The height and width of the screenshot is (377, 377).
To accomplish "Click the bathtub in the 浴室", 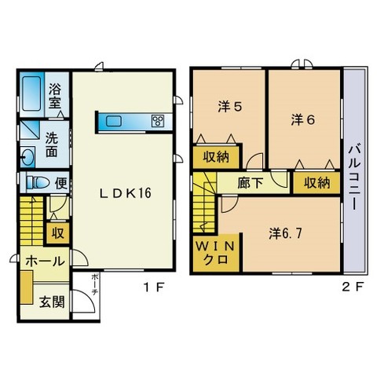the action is [31, 93].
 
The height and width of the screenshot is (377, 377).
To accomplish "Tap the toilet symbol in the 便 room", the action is [38, 182].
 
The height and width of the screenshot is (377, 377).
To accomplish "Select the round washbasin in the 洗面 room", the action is [28, 157].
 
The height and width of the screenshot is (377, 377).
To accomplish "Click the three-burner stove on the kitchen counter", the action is [158, 121].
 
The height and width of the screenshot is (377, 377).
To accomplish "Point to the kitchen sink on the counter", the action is [114, 121].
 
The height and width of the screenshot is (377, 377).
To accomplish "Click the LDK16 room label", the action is [126, 193].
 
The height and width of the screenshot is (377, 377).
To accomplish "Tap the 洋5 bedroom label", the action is [230, 107].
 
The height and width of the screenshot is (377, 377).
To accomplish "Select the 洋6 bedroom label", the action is [303, 119].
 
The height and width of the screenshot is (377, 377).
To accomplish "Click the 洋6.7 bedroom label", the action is [285, 233].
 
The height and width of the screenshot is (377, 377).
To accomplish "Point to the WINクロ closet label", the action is [215, 253].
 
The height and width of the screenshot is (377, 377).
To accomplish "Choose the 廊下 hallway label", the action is [250, 183].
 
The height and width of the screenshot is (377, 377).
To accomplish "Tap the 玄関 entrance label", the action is [52, 302].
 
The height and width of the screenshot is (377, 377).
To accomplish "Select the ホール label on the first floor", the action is [45, 261].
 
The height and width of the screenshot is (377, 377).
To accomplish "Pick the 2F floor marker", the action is [353, 287].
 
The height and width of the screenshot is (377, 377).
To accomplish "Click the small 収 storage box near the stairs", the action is [58, 233].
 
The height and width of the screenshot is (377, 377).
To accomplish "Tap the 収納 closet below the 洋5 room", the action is [216, 157].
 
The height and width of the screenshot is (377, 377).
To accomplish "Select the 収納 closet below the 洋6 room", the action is [317, 183].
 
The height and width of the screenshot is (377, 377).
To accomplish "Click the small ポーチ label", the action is [95, 284].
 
